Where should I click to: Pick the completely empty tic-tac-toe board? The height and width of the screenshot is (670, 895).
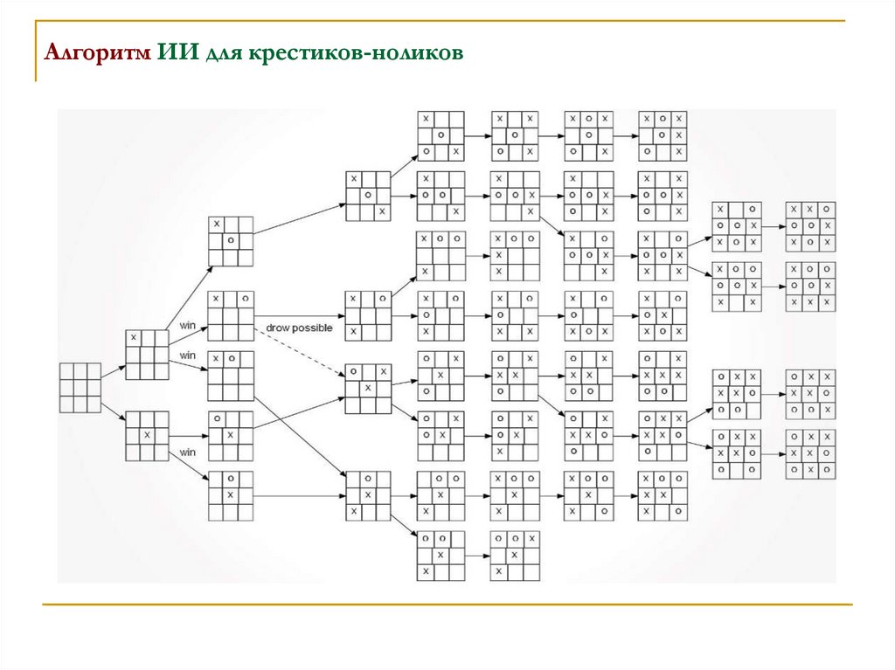point(80,387)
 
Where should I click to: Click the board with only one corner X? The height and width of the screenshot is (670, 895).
point(146,354)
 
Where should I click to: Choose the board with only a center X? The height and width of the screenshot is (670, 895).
point(146,435)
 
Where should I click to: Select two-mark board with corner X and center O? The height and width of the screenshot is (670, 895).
point(231,240)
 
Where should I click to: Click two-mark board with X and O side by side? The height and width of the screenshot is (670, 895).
point(231,376)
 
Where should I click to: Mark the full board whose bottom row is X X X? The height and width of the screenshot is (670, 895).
point(809,286)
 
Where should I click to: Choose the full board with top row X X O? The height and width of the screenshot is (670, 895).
point(809,226)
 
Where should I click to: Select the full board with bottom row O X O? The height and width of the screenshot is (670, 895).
point(809,453)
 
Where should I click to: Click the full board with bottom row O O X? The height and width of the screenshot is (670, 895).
point(809,394)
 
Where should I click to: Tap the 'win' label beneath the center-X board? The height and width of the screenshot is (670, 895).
point(187,452)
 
